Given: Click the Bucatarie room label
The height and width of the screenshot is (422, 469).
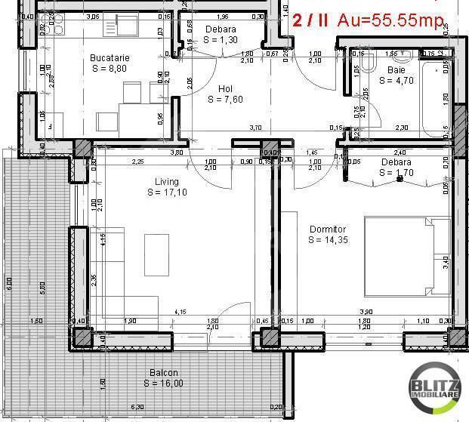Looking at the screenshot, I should click(110, 57).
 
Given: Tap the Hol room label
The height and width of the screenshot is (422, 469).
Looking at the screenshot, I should click(225, 88).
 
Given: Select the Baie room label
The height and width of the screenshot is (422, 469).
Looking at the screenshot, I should click(396, 69).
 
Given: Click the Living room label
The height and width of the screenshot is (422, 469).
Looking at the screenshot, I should click(167, 181).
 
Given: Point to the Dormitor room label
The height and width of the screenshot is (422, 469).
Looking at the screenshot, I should click(327, 229).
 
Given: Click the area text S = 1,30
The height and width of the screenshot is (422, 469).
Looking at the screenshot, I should click(221, 40).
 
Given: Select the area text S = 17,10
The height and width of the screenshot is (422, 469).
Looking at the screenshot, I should click(167, 193).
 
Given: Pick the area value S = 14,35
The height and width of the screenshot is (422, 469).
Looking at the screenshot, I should click(328, 240).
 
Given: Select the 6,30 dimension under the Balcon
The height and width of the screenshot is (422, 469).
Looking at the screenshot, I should click(137, 408).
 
